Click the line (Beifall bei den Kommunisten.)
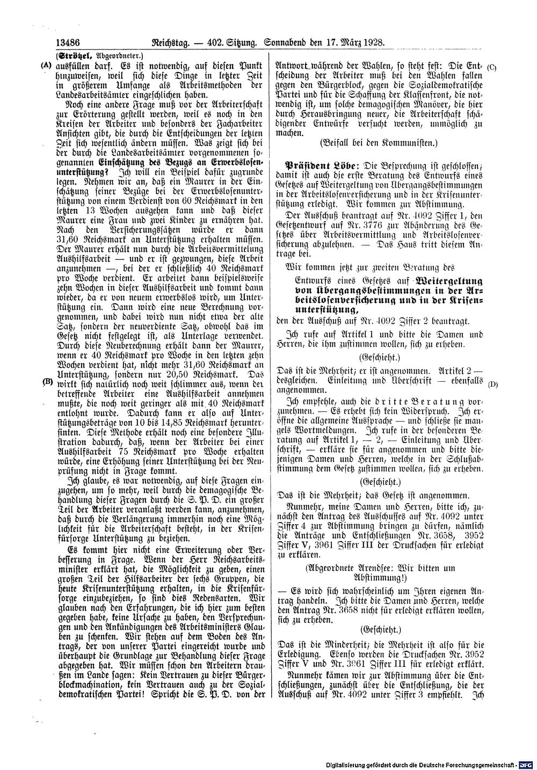[378, 143]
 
